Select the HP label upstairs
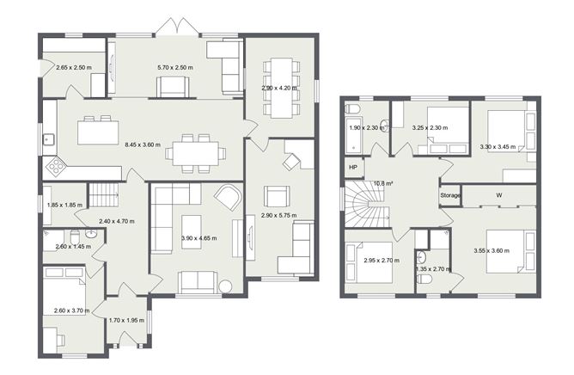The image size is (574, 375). [x=353, y=167]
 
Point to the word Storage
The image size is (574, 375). [x=451, y=196]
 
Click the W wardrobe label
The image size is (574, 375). [x=498, y=195]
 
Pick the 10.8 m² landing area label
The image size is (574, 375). [x=383, y=183]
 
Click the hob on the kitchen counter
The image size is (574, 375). [x=56, y=163]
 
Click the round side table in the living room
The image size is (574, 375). [x=226, y=286]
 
